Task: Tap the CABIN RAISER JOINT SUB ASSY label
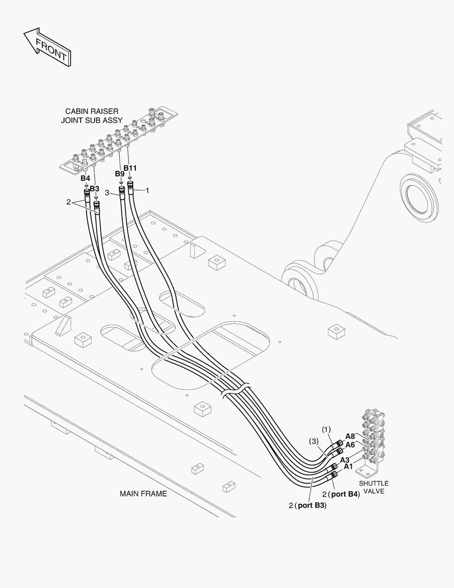click(91, 115)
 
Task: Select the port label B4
click(85, 179)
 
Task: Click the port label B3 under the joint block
click(95, 188)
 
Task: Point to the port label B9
click(120, 174)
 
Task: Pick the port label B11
click(130, 168)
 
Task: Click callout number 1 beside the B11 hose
click(147, 190)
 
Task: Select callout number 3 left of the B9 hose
click(107, 192)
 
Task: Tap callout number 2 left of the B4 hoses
click(69, 202)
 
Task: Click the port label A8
click(350, 436)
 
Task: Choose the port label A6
click(350, 445)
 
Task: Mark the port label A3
click(345, 460)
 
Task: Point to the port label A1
click(348, 467)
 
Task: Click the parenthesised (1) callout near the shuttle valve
click(326, 430)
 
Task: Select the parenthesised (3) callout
click(314, 441)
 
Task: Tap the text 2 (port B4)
click(341, 494)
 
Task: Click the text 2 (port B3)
click(308, 505)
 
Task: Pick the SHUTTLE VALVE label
click(374, 487)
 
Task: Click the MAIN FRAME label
click(143, 494)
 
